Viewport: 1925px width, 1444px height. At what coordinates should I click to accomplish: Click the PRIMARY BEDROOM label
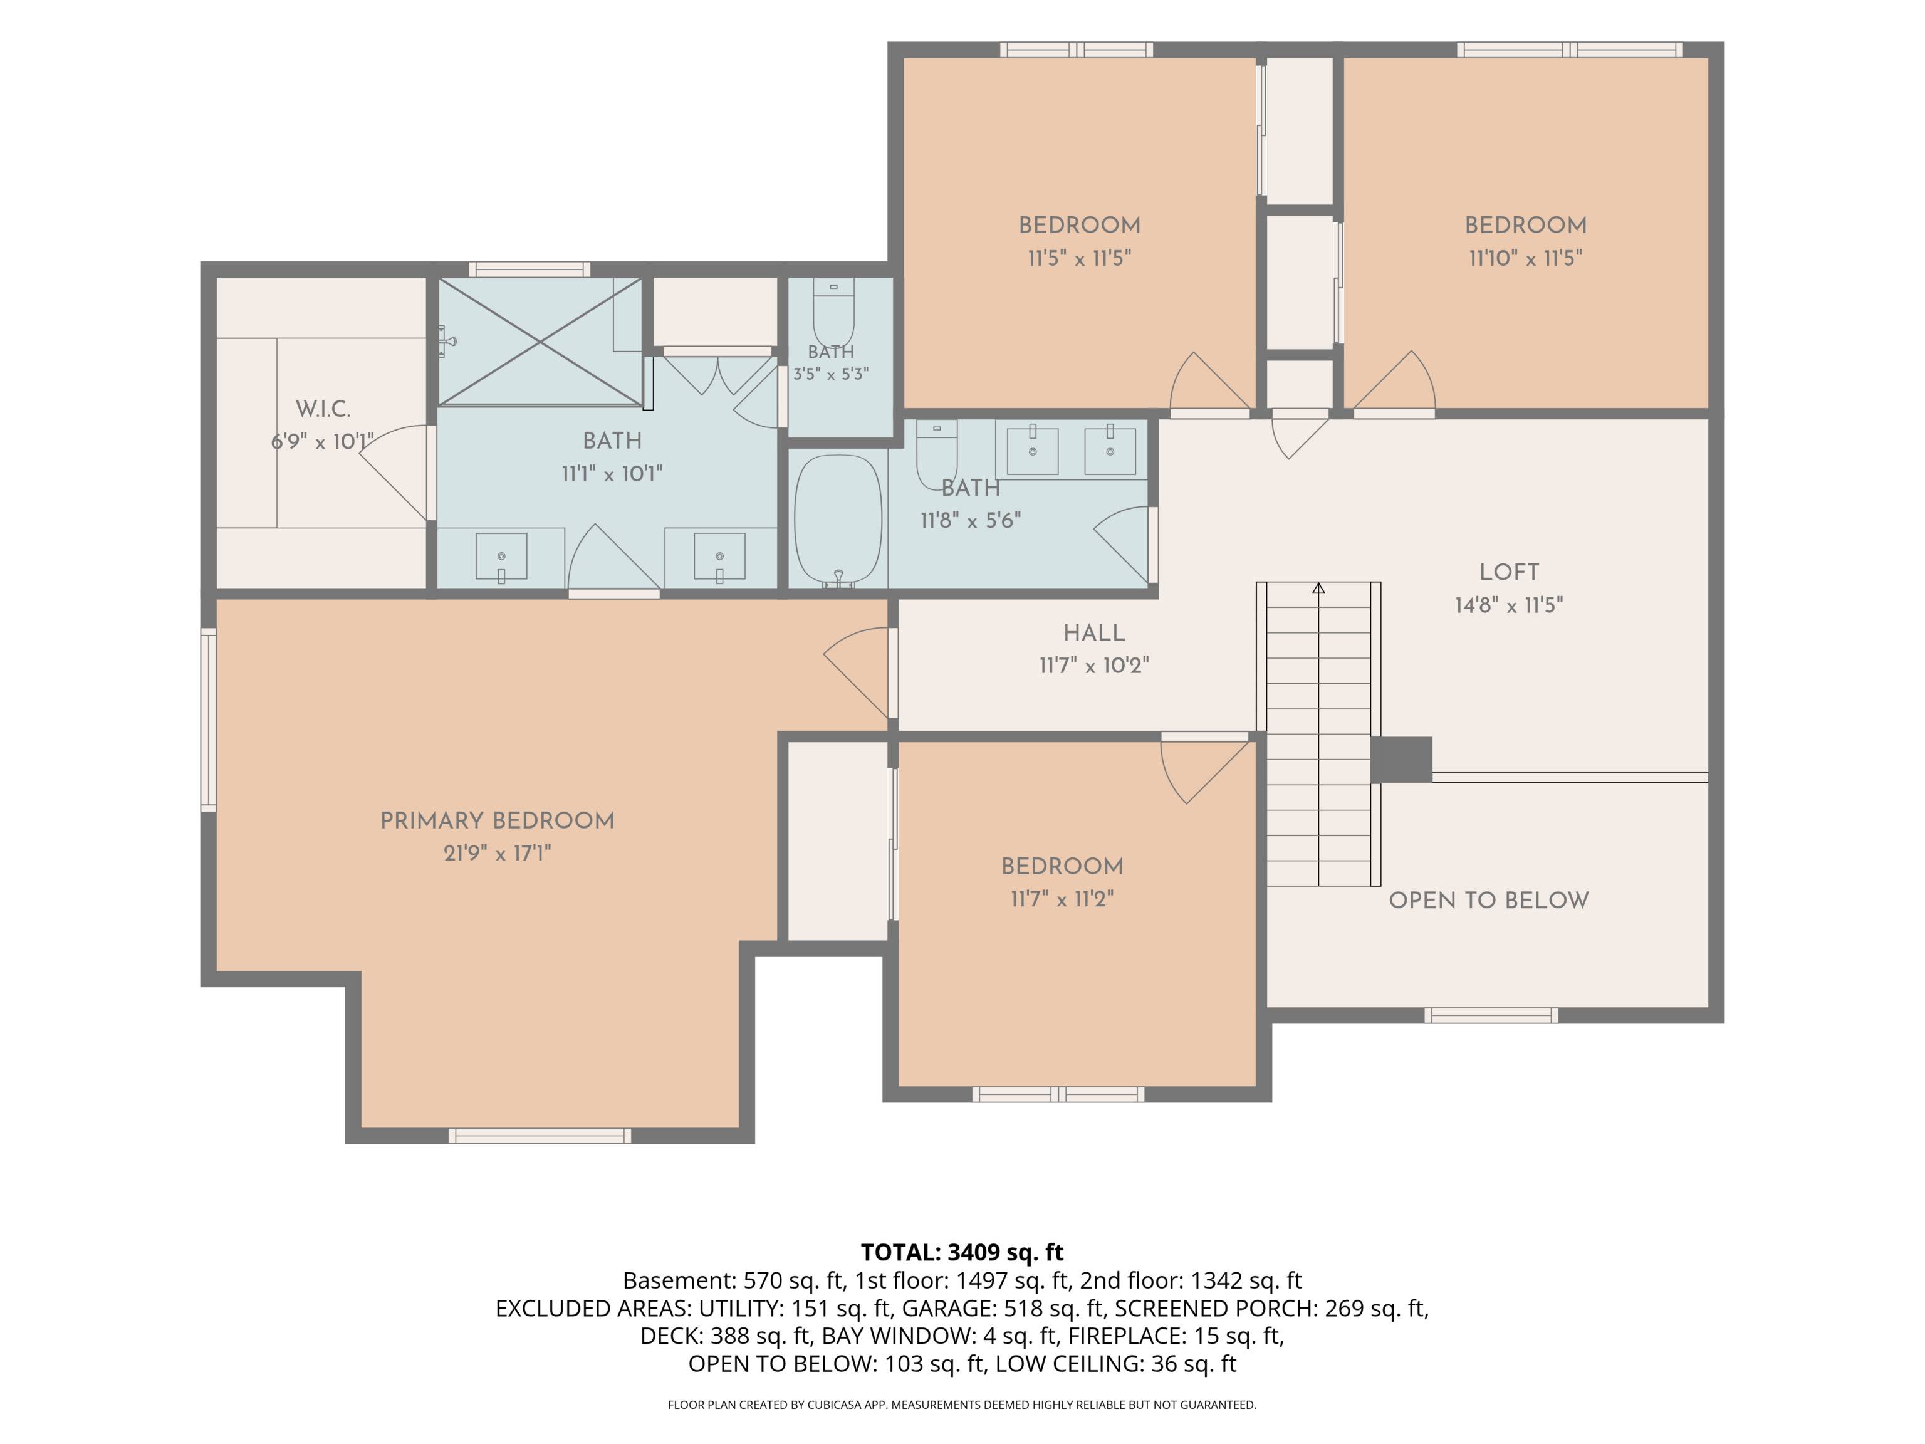click(497, 821)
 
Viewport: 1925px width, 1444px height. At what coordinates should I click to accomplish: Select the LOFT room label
click(1509, 572)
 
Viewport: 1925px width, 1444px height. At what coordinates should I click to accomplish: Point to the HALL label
click(1094, 633)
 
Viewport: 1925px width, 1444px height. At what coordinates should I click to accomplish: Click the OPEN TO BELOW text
click(1488, 900)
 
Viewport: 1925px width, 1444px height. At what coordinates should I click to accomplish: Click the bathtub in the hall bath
click(838, 520)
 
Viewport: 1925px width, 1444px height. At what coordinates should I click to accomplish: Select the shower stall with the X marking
click(540, 341)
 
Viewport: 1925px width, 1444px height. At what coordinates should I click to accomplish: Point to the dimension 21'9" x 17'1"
click(497, 853)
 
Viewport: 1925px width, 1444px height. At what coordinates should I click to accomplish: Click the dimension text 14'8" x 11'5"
click(1509, 605)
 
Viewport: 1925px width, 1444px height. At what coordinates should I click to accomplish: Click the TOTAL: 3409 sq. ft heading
click(962, 1252)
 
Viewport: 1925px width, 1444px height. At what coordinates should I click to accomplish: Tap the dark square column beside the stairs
click(1401, 760)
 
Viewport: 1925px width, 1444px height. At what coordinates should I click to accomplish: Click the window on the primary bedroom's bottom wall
click(540, 1135)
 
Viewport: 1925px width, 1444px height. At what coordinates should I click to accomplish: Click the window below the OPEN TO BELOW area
click(1491, 1015)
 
